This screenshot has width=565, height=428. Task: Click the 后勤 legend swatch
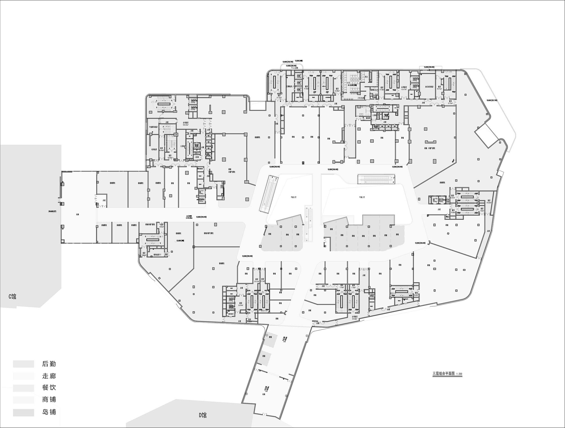(x=23, y=364)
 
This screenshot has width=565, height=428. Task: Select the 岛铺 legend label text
(x=49, y=412)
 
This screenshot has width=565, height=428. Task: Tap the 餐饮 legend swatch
(x=23, y=388)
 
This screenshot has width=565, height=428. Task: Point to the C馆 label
(x=12, y=296)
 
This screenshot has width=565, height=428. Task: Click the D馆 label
(x=203, y=415)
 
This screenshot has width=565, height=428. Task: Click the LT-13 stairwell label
(x=277, y=73)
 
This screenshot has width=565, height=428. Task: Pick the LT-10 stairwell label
(x=392, y=72)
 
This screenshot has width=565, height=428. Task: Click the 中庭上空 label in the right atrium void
(x=362, y=197)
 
